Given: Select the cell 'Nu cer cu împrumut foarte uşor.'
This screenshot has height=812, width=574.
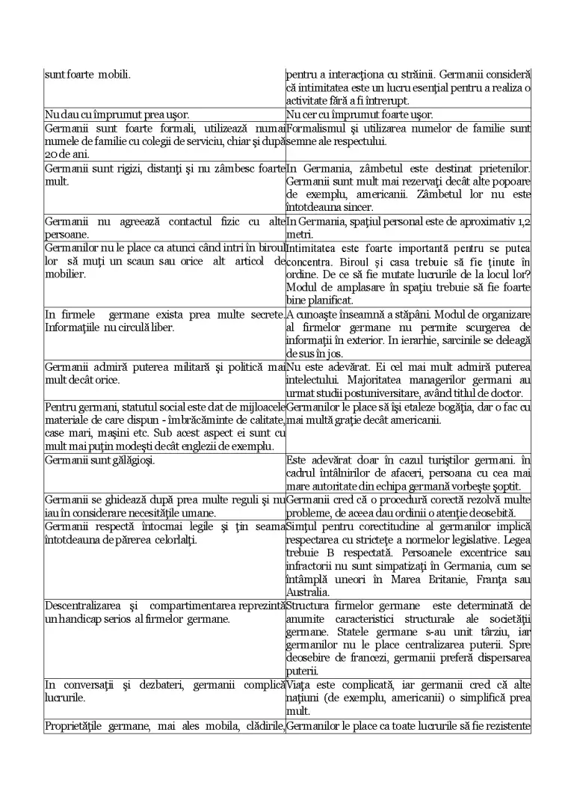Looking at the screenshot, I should tap(359, 114).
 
